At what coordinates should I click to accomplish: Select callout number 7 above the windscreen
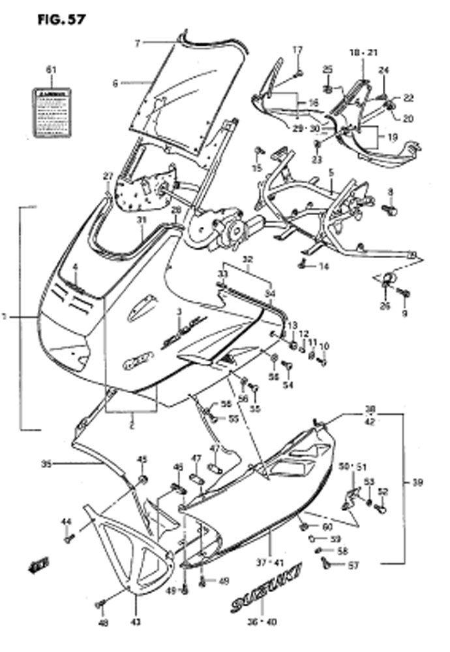pos(138,44)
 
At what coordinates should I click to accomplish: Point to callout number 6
pos(115,83)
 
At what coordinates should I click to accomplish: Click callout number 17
pos(297,50)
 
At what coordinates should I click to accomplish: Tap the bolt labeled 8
pos(389,209)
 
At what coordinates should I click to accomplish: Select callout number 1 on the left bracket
pos(5,318)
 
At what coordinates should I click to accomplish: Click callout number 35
pos(46,464)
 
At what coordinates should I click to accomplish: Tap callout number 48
pos(102,624)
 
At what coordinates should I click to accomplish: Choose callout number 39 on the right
pos(436,482)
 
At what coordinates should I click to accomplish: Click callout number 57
pos(353,566)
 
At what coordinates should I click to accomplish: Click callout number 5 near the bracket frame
pos(331,172)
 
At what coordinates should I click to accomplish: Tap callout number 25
pos(327,70)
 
